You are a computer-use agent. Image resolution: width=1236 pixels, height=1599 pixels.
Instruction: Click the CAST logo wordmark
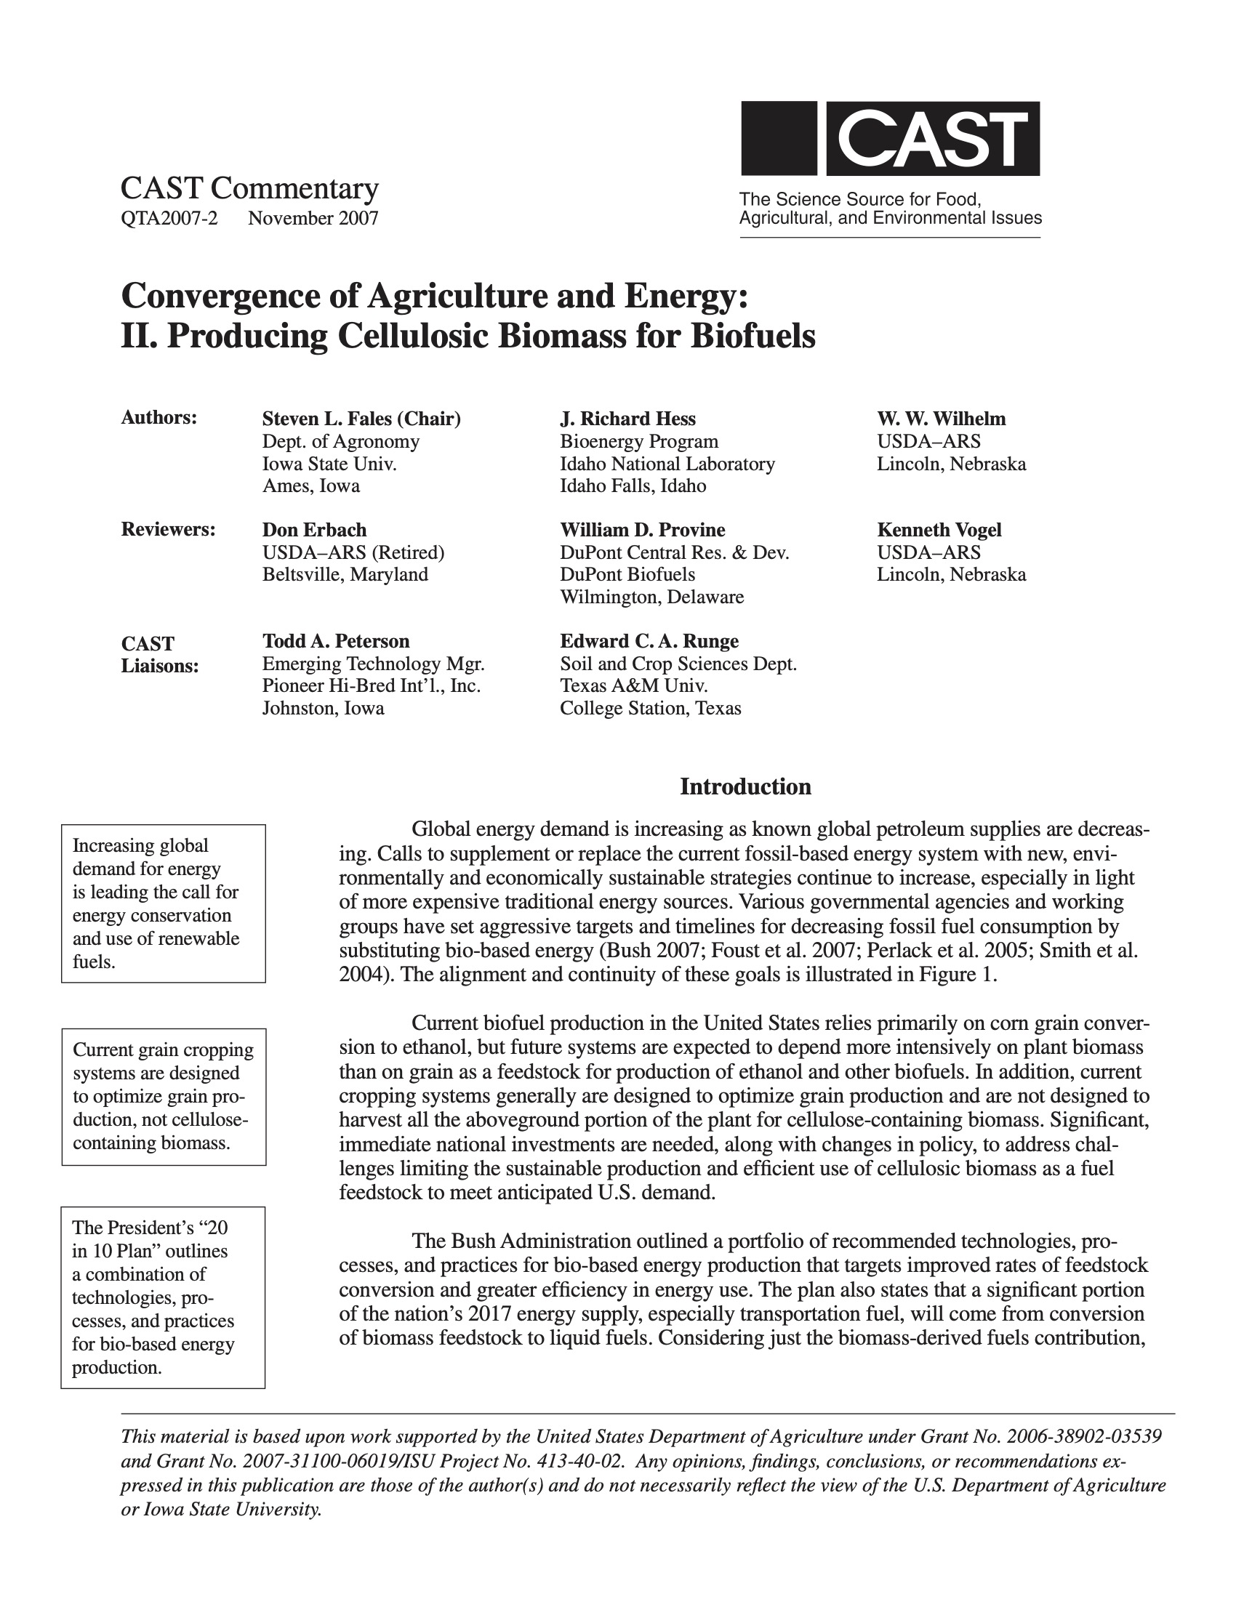coord(932,138)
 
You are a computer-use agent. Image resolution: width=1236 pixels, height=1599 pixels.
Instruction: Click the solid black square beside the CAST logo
coord(779,138)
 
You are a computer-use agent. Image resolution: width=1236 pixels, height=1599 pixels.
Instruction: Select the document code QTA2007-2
coord(169,218)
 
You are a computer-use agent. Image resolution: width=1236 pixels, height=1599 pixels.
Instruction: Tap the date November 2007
coord(313,218)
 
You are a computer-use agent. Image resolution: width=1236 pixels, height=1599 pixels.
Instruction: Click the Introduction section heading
coord(745,787)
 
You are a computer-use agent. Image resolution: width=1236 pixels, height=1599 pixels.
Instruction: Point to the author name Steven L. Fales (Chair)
coord(362,419)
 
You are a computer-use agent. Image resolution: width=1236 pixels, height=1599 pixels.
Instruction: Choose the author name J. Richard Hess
coord(627,419)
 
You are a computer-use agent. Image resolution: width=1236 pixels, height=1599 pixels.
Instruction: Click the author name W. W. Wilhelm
coord(941,419)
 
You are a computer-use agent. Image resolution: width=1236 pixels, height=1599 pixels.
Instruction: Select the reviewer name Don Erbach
coord(314,530)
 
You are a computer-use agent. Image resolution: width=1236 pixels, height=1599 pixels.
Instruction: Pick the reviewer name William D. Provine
coord(642,530)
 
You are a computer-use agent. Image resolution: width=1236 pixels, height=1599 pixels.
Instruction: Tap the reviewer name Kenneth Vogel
coord(939,530)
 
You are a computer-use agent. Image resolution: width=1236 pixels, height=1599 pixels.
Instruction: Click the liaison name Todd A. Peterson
coord(336,641)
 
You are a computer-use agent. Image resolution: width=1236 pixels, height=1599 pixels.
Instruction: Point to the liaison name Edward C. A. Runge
coord(649,641)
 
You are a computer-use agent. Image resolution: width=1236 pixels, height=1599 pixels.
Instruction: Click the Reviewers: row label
coord(168,529)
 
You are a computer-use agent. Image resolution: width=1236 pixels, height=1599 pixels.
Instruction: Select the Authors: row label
coord(159,418)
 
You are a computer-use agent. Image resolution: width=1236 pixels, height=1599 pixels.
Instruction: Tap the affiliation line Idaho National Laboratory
coord(667,464)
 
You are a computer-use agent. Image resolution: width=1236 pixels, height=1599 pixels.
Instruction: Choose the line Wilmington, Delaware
coord(651,597)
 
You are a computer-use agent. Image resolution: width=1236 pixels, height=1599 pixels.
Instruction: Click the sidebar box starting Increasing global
coord(164,903)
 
